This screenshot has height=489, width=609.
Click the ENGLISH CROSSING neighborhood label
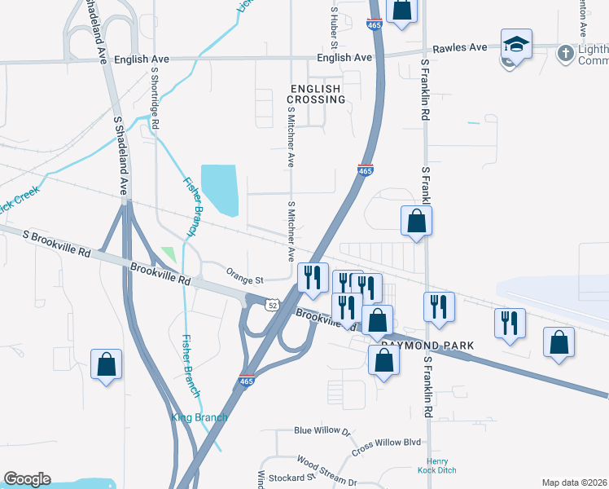(316, 93)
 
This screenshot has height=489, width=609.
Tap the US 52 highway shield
(272, 304)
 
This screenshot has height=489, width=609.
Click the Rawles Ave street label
(459, 47)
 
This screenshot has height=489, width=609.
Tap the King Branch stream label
(199, 417)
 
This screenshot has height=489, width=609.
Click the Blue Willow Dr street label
(322, 430)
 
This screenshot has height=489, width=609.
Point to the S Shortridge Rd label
(155, 96)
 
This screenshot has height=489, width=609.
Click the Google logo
(27, 479)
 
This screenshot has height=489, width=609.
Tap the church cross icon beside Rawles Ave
(565, 53)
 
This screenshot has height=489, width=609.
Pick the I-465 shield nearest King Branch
(247, 381)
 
